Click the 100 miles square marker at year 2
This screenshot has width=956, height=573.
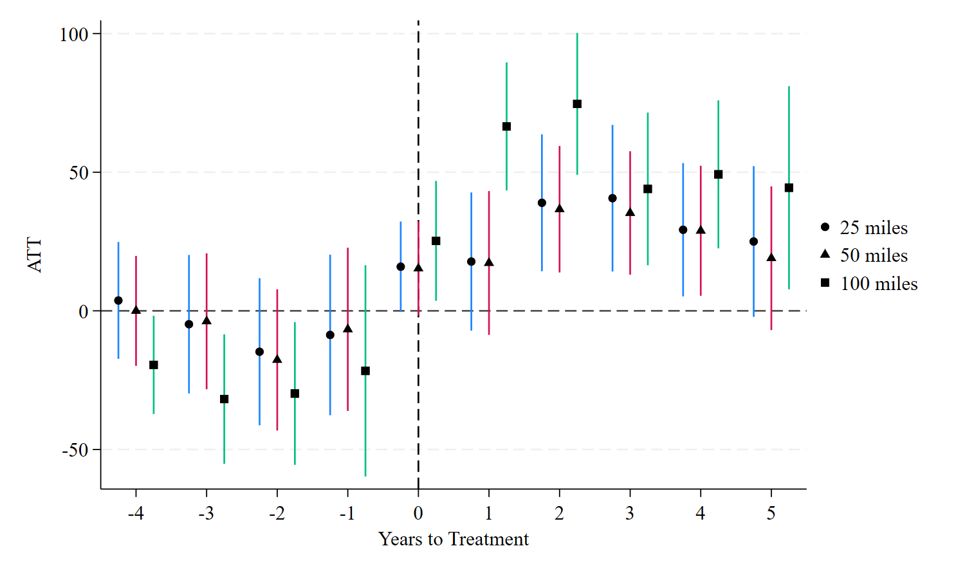pyautogui.click(x=577, y=104)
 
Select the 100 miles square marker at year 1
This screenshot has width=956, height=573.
pyautogui.click(x=506, y=127)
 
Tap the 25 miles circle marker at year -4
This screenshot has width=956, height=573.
pyautogui.click(x=118, y=300)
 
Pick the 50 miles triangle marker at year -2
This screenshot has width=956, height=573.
pyautogui.click(x=277, y=359)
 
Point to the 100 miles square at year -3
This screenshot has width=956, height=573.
pyautogui.click(x=224, y=399)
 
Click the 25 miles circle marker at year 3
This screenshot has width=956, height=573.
pyautogui.click(x=612, y=198)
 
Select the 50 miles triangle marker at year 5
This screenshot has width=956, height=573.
pyautogui.click(x=771, y=258)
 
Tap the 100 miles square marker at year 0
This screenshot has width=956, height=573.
pyautogui.click(x=436, y=241)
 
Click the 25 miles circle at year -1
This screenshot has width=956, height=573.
pyautogui.click(x=330, y=335)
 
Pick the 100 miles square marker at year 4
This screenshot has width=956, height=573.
pyautogui.click(x=719, y=174)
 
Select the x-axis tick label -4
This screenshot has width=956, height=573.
pyautogui.click(x=135, y=513)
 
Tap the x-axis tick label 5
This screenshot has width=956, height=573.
pyautogui.click(x=771, y=513)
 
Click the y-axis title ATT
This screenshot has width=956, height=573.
pyautogui.click(x=35, y=255)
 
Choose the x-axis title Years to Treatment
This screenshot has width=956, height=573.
pyautogui.click(x=454, y=539)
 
